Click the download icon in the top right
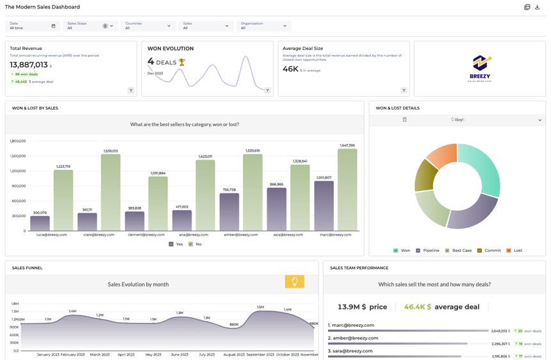tap(538, 7)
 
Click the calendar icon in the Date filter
tap(53, 26)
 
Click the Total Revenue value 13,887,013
tap(29, 65)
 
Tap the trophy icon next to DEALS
tap(182, 63)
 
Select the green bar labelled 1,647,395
tap(347, 190)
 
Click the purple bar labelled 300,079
tap(40, 223)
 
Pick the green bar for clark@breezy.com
tap(110, 192)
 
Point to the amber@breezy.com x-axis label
tap(242, 235)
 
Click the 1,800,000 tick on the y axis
tap(17, 141)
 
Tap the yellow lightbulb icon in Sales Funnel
tap(294, 282)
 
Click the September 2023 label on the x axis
tap(260, 355)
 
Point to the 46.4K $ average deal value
tap(418, 307)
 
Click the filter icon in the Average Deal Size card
tap(404, 90)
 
